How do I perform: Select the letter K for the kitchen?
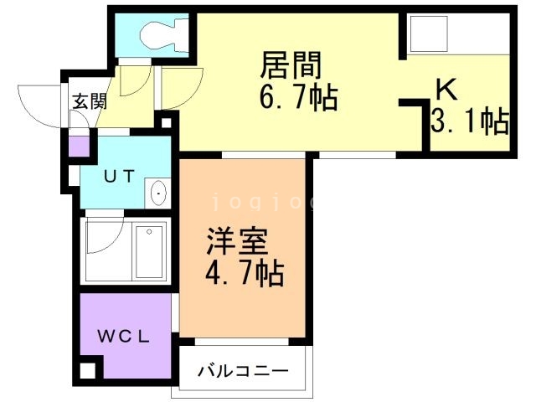pyautogui.click(x=444, y=90)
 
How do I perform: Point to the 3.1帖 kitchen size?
pyautogui.click(x=470, y=122)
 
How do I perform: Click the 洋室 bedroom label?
pyautogui.click(x=240, y=243)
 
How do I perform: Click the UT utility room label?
pyautogui.click(x=118, y=176)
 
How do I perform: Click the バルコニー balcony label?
pyautogui.click(x=244, y=369)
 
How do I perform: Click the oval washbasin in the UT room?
pyautogui.click(x=159, y=195)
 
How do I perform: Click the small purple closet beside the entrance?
pyautogui.click(x=78, y=147)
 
